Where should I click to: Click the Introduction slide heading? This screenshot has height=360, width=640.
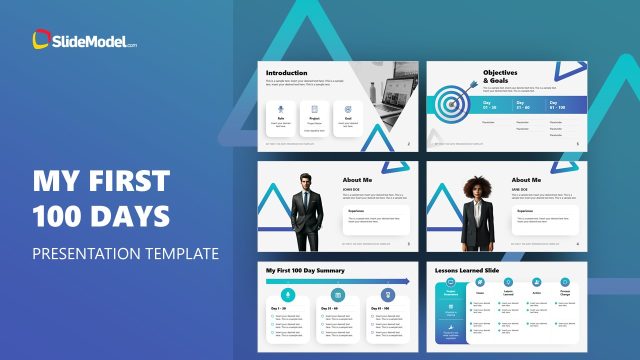(288, 73)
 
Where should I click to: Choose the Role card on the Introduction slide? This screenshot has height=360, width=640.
(282, 119)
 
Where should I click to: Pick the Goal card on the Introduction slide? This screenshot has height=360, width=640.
(348, 119)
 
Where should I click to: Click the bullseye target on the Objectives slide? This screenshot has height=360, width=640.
(450, 103)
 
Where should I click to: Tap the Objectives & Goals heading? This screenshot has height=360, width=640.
(502, 78)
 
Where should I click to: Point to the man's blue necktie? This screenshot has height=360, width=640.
(304, 200)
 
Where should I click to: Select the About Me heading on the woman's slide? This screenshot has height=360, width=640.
(527, 180)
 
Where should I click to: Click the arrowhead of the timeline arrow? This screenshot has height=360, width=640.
(407, 281)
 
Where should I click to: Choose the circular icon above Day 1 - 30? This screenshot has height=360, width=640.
(288, 295)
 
